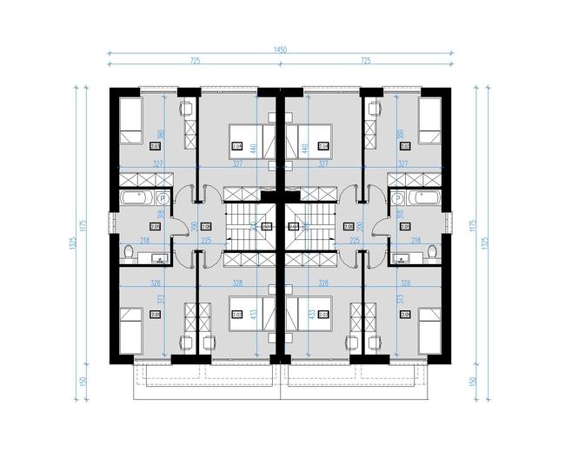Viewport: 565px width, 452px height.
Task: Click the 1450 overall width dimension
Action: point(280,50)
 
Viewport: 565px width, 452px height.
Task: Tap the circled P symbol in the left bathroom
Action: point(163,198)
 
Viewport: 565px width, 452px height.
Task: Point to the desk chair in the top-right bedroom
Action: point(376,109)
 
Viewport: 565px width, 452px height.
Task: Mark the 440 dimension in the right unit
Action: point(304,149)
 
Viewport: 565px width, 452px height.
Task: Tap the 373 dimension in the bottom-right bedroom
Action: point(400,300)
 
